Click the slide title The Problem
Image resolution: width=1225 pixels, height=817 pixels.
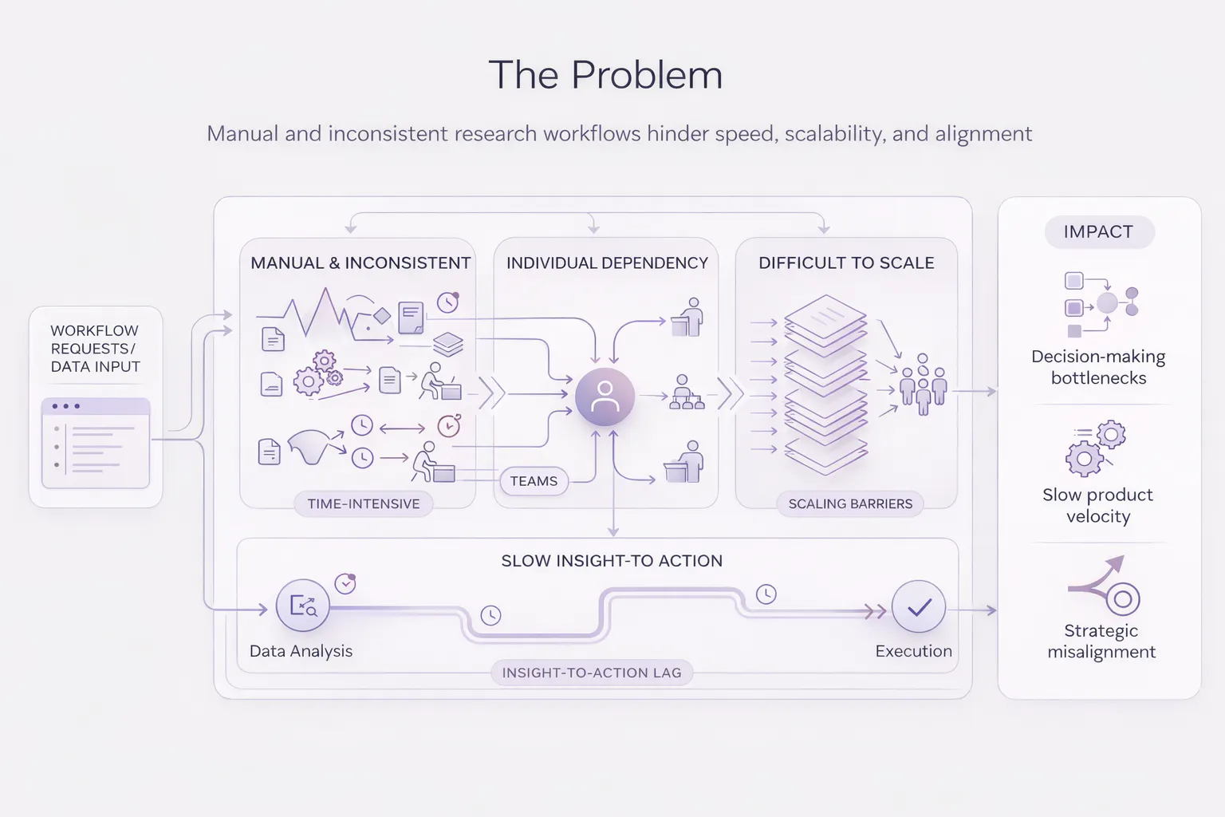(605, 75)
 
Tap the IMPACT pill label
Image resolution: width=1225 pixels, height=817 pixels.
(1098, 232)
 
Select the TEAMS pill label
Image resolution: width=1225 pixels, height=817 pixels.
(534, 481)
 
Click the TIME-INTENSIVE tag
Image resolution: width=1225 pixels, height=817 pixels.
(363, 503)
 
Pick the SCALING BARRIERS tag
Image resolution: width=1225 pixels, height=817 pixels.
(850, 503)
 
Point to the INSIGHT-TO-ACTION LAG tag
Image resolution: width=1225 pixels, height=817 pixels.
(592, 673)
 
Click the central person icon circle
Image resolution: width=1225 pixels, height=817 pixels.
(605, 397)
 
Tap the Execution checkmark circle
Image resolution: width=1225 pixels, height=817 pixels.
(919, 608)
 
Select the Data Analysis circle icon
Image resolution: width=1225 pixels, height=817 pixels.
(303, 606)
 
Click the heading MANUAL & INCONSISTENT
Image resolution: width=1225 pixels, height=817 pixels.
(360, 263)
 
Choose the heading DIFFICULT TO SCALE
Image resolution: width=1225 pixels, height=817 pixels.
(846, 263)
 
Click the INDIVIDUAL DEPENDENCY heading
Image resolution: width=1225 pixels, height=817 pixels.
(607, 263)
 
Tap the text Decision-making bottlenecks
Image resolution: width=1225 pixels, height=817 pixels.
(1098, 367)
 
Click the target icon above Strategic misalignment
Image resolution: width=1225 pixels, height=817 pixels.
(1121, 598)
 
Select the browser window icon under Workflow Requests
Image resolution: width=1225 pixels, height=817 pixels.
(96, 443)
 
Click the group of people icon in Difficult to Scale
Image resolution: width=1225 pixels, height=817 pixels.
(923, 385)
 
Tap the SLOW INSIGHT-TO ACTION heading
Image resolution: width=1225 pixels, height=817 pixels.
(612, 561)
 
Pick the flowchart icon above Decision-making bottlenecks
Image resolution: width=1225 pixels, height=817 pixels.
(1101, 304)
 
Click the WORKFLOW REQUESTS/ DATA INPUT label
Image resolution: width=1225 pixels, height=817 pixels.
(95, 349)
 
